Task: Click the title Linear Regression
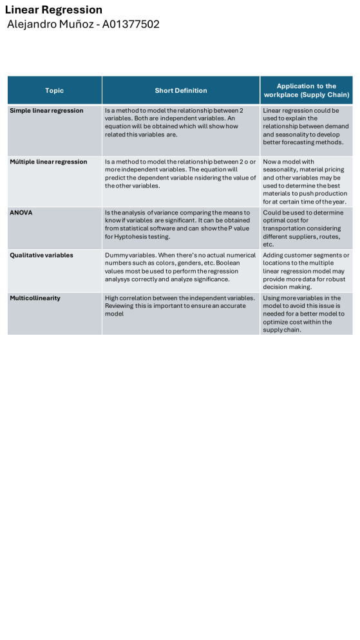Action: [53, 10]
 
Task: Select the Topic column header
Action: [55, 91]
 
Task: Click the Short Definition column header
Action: [181, 91]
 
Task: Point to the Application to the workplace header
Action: [307, 90]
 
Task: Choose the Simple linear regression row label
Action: [46, 111]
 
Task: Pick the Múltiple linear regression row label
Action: [48, 162]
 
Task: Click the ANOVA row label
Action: [21, 212]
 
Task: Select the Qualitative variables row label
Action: [41, 255]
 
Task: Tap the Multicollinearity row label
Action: [36, 298]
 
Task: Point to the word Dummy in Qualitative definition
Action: [115, 255]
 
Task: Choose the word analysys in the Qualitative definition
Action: [118, 279]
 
